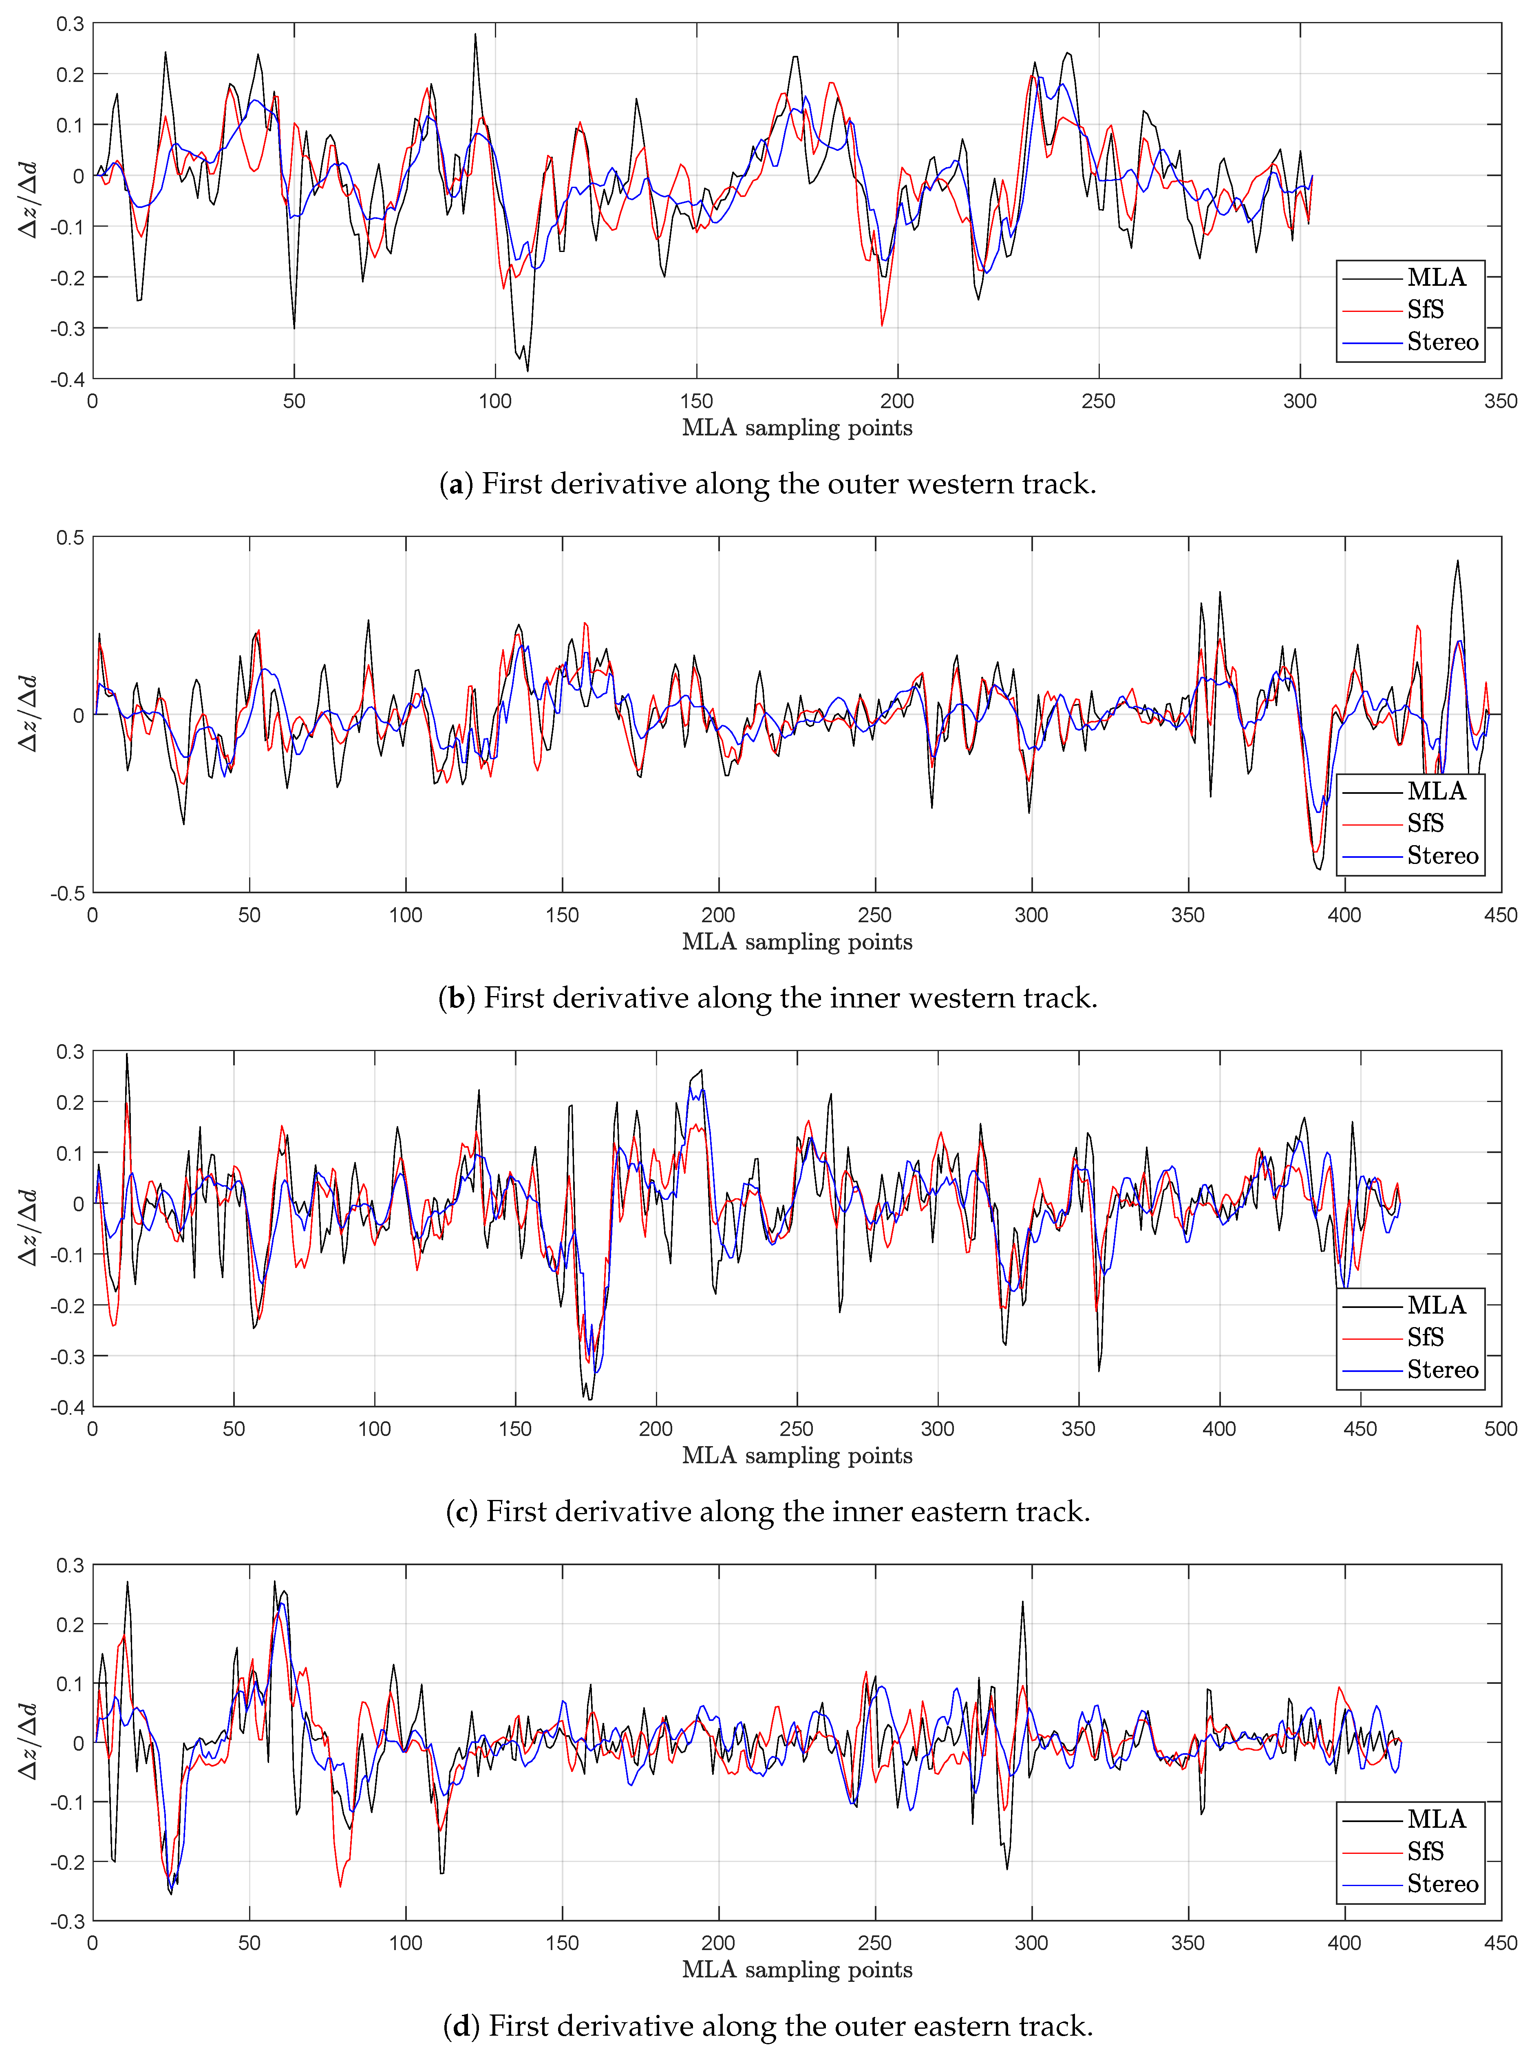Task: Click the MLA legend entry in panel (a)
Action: [x=1436, y=277]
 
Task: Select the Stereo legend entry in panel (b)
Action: [x=1442, y=855]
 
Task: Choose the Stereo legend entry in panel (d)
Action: [x=1442, y=1883]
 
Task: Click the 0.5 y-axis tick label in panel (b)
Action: [x=70, y=538]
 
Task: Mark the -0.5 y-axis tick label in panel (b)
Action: [x=67, y=892]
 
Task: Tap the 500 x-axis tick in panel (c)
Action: [x=1500, y=1429]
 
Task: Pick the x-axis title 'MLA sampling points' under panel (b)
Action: [x=797, y=941]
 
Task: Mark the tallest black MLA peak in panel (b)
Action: [x=1457, y=560]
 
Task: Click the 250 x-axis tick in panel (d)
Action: [x=874, y=1943]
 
